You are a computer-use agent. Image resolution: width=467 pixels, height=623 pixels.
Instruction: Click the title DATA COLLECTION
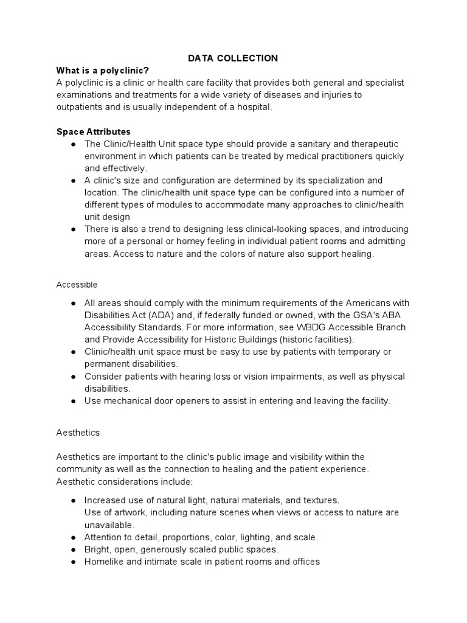[233, 58]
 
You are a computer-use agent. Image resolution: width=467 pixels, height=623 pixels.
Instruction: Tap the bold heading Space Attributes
[94, 131]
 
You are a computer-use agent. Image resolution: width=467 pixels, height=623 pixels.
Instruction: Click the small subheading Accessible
[77, 284]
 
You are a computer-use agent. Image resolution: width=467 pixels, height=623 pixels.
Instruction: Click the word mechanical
[128, 401]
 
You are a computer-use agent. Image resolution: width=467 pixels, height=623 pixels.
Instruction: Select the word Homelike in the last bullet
[103, 562]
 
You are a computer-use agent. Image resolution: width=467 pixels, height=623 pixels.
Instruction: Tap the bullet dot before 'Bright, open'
[73, 549]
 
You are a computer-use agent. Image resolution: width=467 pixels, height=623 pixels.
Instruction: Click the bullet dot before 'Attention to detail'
[73, 537]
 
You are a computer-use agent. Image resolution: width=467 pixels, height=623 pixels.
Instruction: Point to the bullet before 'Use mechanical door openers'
[73, 401]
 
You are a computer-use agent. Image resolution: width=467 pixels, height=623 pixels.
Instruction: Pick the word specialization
[337, 180]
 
